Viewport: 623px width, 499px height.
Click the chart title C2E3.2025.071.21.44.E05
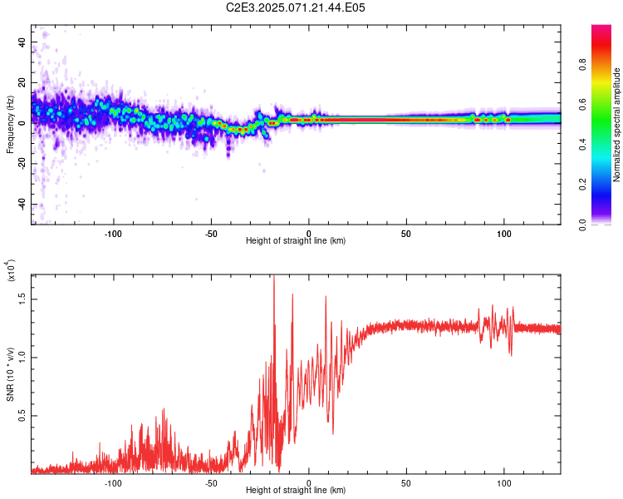coord(296,7)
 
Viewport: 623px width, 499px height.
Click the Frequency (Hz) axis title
coord(10,125)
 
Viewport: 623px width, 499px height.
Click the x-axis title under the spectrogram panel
coord(296,241)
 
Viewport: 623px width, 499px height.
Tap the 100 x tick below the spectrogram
coord(504,233)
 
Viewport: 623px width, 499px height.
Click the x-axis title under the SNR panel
coord(296,491)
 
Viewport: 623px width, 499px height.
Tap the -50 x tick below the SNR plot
coord(211,482)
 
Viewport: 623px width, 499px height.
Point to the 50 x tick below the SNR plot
coord(406,482)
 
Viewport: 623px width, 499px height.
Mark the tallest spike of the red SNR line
coord(274,278)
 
